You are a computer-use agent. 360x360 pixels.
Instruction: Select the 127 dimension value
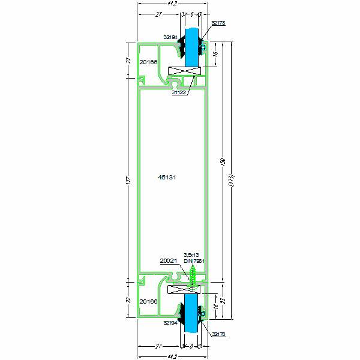128,180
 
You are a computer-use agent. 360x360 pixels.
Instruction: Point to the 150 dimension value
222,161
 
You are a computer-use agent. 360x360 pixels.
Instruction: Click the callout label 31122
179,92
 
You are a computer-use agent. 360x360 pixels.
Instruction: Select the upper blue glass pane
192,47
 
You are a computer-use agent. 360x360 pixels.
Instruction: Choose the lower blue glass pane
192,313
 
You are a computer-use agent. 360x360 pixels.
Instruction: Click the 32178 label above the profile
218,23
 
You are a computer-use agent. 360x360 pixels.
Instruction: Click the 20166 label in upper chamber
148,61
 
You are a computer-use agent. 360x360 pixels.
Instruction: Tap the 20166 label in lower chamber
148,301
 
